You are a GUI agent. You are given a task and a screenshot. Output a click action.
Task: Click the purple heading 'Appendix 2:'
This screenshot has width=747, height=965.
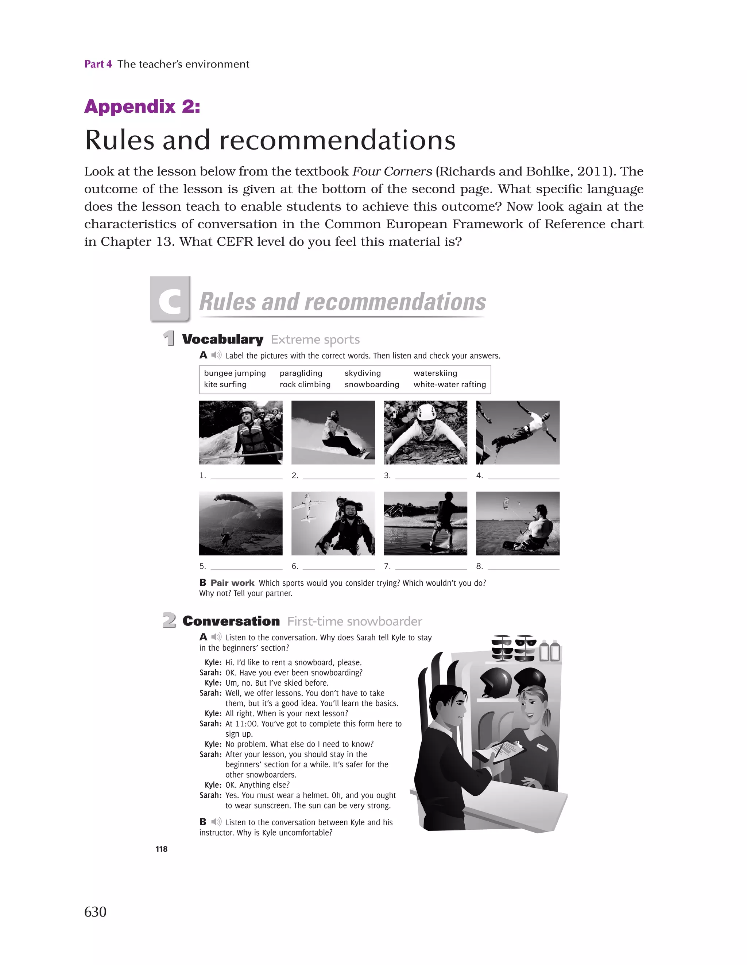pos(142,106)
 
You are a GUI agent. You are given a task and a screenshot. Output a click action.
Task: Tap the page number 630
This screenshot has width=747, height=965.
pos(95,911)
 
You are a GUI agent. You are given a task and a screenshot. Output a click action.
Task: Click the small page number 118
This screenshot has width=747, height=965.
pos(161,849)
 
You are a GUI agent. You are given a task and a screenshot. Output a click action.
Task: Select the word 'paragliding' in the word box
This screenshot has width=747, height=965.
pos(301,373)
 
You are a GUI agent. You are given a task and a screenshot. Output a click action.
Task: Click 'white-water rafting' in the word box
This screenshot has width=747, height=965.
pos(449,384)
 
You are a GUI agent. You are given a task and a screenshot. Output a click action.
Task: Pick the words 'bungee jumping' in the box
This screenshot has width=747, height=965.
pos(235,373)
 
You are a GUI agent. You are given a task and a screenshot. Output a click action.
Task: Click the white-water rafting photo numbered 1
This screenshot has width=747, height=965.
pos(240,432)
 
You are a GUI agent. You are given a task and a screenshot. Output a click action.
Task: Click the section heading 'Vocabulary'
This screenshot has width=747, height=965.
pos(222,339)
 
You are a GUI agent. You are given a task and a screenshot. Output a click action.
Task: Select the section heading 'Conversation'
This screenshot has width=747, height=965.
pos(231,621)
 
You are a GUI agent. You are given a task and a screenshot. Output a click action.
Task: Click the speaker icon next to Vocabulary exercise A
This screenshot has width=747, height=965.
pos(216,355)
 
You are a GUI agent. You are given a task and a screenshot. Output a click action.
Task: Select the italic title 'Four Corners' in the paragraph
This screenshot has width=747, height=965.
pos(392,171)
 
